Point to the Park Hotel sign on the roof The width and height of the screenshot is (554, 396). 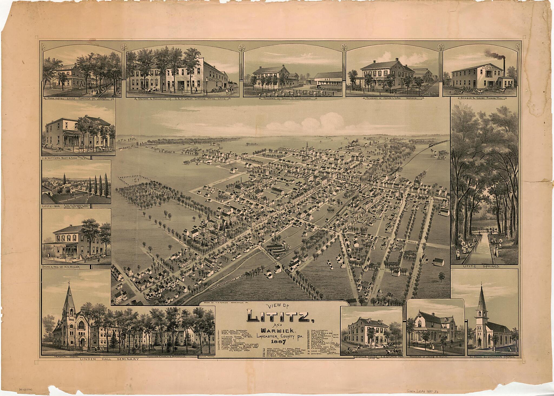click(63, 69)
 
